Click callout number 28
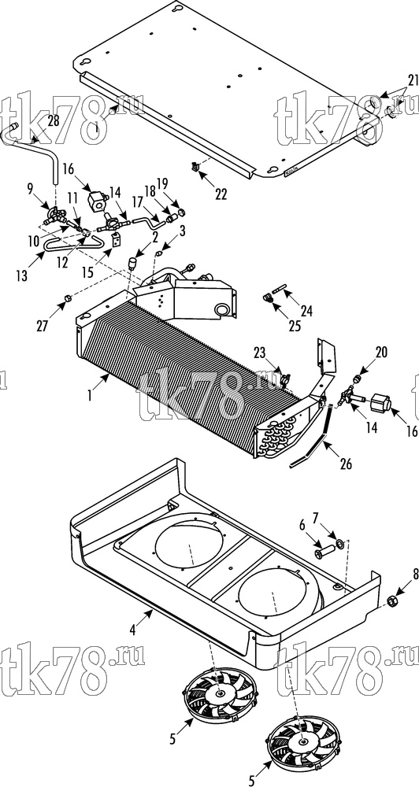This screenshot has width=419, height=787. tap(53, 120)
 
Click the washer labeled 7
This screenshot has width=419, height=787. tap(340, 542)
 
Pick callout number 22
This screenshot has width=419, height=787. tap(221, 194)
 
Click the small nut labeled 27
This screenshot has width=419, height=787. tap(67, 299)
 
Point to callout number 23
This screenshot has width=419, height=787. tap(261, 353)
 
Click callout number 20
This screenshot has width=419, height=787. tap(381, 353)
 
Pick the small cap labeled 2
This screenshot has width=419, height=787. tap(133, 263)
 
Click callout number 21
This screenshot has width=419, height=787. tap(413, 80)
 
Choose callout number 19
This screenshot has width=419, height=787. tap(176, 183)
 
